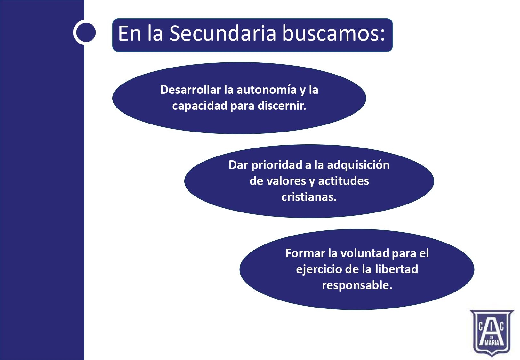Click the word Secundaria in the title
(x=223, y=33)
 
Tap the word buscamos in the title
(x=333, y=33)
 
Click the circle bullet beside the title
(x=84, y=32)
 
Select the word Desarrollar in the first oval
(x=190, y=90)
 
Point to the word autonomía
(x=266, y=90)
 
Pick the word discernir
(x=282, y=106)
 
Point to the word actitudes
(x=343, y=181)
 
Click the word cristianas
(x=309, y=197)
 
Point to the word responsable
(x=357, y=285)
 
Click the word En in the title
(x=130, y=33)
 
